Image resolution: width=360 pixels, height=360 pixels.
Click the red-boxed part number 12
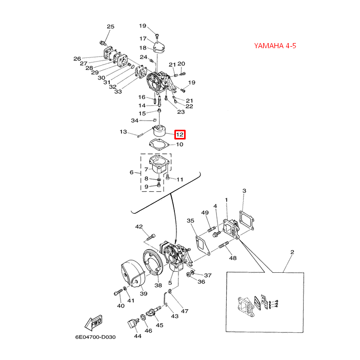click(180, 135)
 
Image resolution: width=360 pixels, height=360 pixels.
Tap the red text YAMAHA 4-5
click(275, 46)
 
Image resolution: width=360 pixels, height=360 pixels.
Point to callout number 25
click(110, 27)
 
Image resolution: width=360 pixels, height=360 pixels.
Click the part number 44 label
click(137, 336)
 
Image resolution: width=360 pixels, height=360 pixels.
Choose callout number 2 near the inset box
click(292, 252)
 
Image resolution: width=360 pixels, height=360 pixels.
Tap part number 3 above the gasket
click(245, 191)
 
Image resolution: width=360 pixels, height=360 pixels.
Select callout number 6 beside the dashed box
click(131, 173)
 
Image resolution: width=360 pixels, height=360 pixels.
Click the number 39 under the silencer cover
click(144, 293)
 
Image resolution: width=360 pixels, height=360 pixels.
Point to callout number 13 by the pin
click(123, 132)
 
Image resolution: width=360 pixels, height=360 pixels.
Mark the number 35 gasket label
click(191, 221)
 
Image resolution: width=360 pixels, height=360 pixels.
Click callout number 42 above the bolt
click(139, 227)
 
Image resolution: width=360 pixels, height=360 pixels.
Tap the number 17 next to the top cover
click(143, 38)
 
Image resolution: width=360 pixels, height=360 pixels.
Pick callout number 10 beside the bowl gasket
click(179, 145)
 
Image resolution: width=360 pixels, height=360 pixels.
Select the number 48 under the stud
click(233, 258)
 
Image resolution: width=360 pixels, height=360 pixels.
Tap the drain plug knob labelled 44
click(132, 324)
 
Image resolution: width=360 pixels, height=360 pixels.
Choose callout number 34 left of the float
click(135, 121)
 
